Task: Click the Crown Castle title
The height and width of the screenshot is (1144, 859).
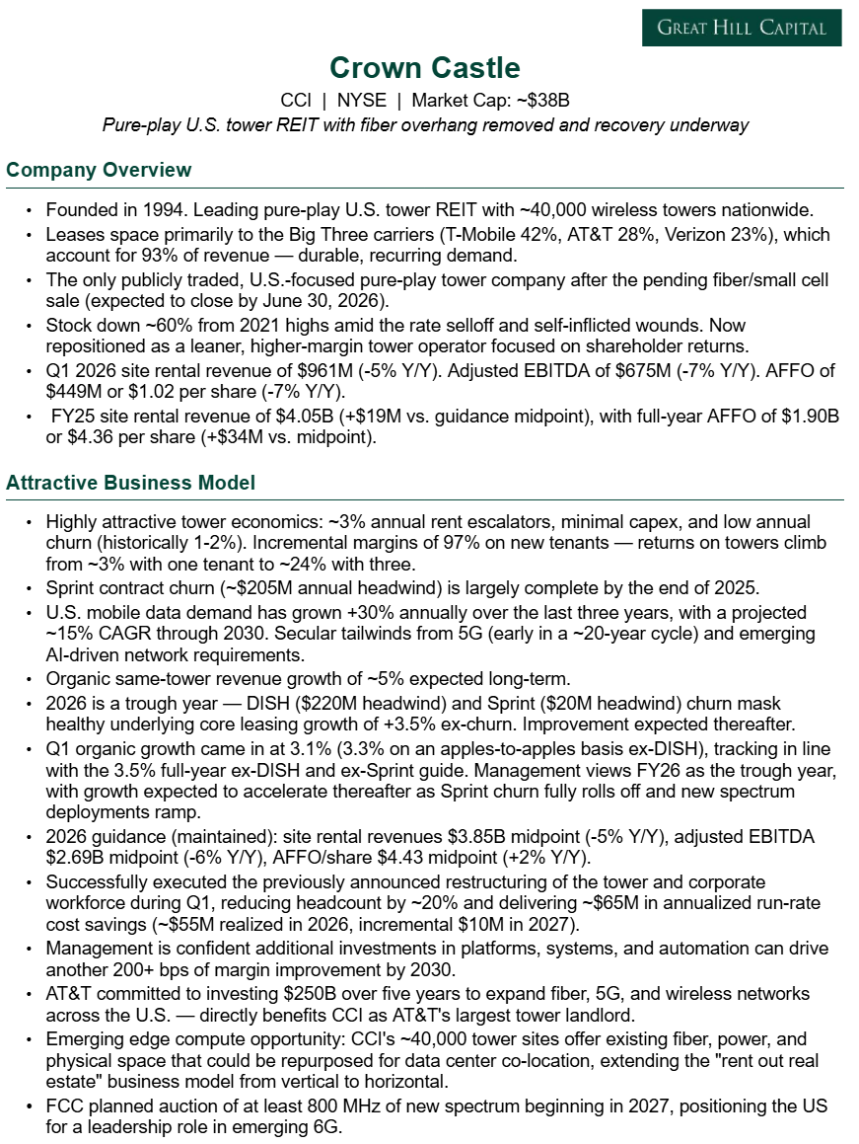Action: tap(425, 68)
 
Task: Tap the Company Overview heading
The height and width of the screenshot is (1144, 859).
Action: tap(99, 170)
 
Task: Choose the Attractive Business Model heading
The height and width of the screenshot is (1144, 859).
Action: tap(130, 483)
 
